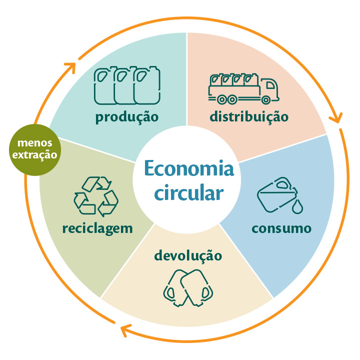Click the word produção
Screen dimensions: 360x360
click(127, 117)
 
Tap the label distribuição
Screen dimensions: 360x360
click(249, 116)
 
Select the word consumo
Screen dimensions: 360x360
click(281, 228)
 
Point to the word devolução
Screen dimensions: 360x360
click(188, 255)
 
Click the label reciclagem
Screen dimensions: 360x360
click(97, 229)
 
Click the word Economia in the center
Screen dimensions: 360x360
click(188, 168)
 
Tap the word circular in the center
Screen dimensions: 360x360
click(188, 192)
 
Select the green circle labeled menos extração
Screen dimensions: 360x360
click(35, 149)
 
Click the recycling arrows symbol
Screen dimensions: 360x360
click(96, 196)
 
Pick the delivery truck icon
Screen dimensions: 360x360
click(243, 88)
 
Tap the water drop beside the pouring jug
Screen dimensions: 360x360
click(297, 206)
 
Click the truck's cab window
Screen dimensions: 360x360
click(270, 85)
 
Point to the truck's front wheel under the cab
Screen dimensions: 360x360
click(265, 100)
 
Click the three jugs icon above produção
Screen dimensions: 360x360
click(127, 85)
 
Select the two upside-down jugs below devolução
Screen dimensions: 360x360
click(188, 288)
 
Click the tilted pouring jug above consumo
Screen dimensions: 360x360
click(277, 195)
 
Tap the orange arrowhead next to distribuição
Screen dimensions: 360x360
click(336, 118)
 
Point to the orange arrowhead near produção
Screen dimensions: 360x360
click(70, 67)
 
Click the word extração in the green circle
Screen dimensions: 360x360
click(34, 155)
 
